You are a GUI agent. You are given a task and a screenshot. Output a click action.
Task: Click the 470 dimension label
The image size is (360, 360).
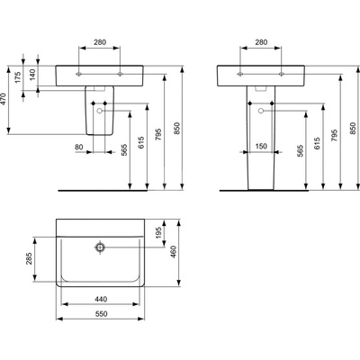[4, 99]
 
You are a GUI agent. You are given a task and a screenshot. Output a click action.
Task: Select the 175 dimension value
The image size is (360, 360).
[18, 77]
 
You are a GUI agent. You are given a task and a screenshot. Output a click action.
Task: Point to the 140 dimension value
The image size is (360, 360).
[32, 75]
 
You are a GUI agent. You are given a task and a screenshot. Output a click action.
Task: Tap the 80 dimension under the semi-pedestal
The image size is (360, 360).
[79, 147]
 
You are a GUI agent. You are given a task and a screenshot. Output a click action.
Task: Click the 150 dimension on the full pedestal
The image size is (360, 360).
[261, 146]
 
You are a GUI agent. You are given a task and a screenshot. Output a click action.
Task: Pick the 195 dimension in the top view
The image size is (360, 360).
[158, 232]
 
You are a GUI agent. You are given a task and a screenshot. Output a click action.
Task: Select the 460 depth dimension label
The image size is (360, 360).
[173, 252]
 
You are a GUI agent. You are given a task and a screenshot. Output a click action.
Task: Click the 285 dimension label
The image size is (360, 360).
[29, 258]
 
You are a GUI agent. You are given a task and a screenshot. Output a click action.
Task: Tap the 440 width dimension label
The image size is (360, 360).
[101, 299]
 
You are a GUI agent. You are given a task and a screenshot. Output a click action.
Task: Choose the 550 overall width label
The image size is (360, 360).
[101, 314]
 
